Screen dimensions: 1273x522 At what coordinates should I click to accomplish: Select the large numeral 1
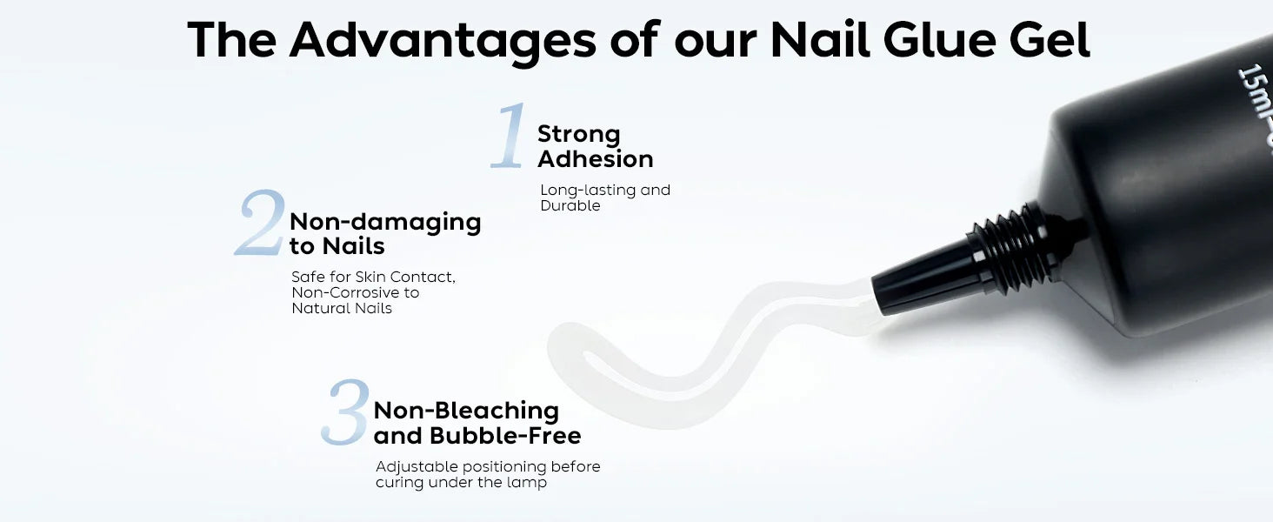(x=509, y=136)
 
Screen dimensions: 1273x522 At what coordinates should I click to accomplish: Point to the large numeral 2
(x=260, y=223)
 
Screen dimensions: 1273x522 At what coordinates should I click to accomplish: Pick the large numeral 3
(x=345, y=412)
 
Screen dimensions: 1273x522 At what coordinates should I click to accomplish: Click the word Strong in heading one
(x=578, y=134)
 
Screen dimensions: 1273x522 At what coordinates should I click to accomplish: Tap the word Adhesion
(x=596, y=158)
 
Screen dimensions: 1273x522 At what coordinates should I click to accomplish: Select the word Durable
(x=570, y=205)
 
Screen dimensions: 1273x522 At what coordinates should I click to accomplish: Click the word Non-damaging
(x=385, y=223)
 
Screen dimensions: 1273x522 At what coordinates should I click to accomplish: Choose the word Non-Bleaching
(x=466, y=412)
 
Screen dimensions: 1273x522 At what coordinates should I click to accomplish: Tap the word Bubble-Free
(x=505, y=436)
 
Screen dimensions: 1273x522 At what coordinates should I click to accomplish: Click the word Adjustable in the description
(x=417, y=467)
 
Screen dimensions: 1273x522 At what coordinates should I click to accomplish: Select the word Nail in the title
(x=819, y=40)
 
